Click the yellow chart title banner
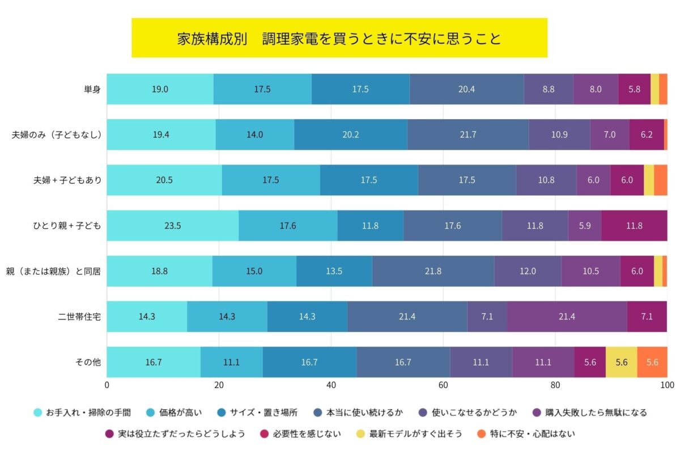click(339, 38)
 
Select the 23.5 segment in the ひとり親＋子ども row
click(172, 225)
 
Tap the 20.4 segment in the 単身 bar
click(466, 89)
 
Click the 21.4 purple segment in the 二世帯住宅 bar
click(567, 317)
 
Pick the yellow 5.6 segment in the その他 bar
click(621, 362)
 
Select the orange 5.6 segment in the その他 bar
click(652, 362)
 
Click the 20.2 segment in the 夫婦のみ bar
click(351, 134)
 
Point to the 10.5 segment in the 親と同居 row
click(590, 271)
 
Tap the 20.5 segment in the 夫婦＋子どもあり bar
click(164, 180)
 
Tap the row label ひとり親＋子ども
click(66, 225)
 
